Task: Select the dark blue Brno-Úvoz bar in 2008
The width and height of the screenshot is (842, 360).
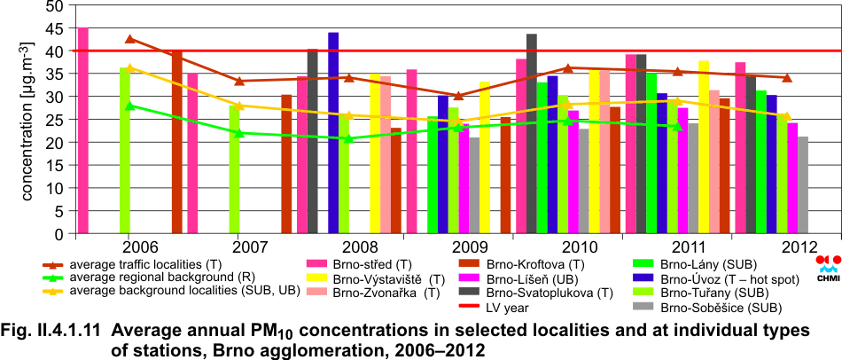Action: (x=333, y=133)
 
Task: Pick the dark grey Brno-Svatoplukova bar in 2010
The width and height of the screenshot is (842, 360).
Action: (x=531, y=134)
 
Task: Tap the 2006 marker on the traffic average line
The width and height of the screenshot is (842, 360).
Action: (x=130, y=39)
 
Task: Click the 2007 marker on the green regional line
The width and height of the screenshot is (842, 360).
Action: (x=239, y=133)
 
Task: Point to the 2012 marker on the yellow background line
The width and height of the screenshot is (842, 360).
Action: (x=786, y=117)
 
